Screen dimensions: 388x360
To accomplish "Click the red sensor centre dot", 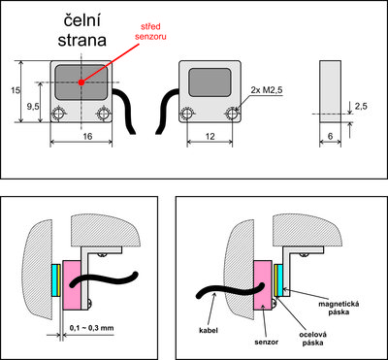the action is tap(81, 82).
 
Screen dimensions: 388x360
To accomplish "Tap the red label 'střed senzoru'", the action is tap(154, 31).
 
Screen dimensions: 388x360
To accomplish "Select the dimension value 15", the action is tap(15, 90).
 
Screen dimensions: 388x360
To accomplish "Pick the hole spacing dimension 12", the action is tap(210, 137).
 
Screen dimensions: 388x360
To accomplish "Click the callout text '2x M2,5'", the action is tap(267, 91).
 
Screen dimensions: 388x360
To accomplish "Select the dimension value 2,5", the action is tap(361, 106).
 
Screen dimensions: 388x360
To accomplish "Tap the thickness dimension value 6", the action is tap(330, 137).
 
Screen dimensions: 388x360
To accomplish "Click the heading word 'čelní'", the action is tap(82, 23).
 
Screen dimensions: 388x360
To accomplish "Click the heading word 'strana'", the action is tap(82, 40).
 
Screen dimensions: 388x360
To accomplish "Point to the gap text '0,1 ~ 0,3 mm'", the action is tap(92, 328).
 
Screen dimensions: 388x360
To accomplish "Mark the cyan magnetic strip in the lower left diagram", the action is tap(56, 280).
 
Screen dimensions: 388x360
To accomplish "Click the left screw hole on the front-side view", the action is tap(58, 114).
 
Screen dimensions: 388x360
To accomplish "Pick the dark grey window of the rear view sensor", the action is tap(210, 82).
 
